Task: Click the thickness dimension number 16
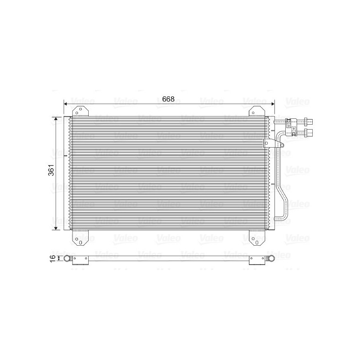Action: (x=53, y=258)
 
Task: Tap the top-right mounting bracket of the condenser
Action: (x=256, y=111)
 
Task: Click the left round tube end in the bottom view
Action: (x=67, y=258)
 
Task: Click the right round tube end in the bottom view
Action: (x=271, y=258)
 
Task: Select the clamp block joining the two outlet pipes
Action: (x=292, y=126)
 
